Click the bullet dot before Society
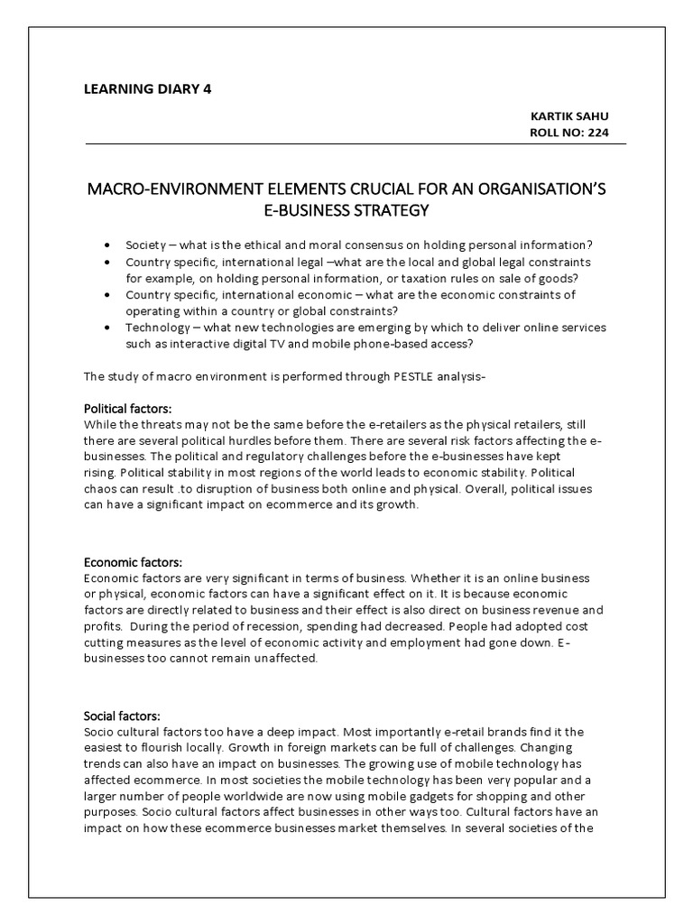coord(108,245)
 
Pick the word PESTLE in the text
coord(389,375)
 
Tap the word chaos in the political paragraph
coord(100,489)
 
